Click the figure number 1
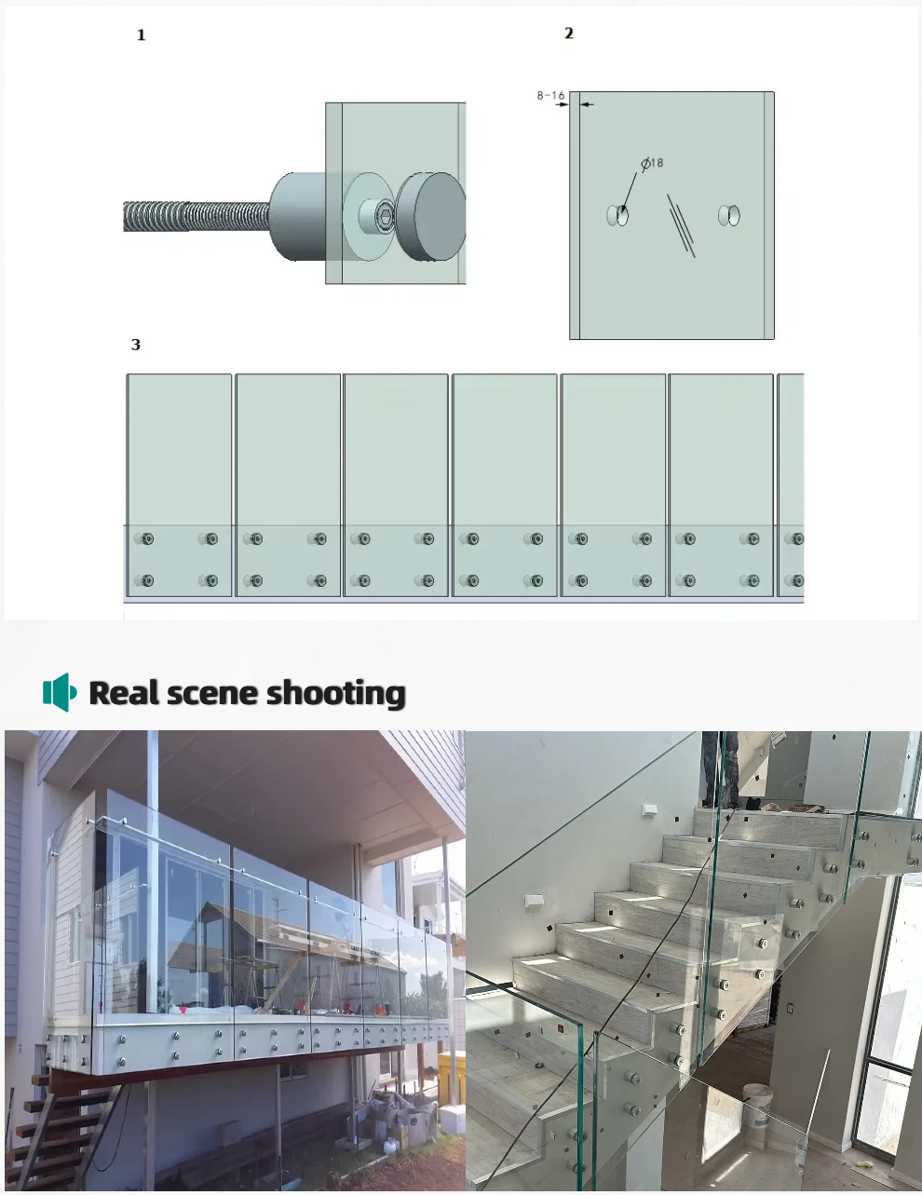141,35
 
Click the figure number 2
569,33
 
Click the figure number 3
136,345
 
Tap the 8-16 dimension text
550,95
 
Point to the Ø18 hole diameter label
653,163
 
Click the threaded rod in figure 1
197,216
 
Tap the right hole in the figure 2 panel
729,215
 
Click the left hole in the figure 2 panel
617,215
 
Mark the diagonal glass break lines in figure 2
681,225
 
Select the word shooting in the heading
336,694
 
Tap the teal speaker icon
60,692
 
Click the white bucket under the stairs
758,1106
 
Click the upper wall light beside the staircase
650,809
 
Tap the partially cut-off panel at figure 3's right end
790,485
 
